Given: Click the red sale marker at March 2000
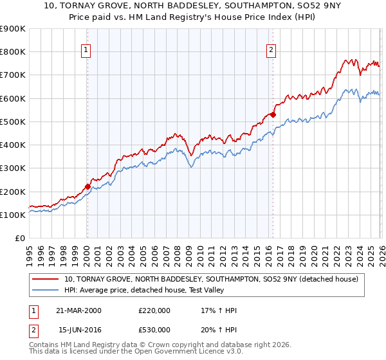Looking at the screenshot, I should (x=87, y=187).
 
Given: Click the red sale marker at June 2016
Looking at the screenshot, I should (x=273, y=115).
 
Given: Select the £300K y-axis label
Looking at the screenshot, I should (x=13, y=168).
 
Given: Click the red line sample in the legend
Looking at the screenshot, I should (x=45, y=279).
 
